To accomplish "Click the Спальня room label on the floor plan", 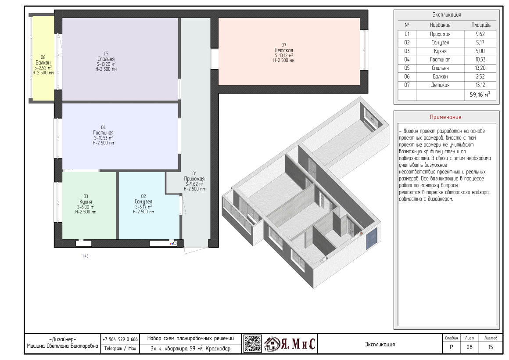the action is point(106,59).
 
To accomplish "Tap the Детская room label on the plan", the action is point(284,50).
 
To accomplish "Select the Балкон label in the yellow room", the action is point(43,62).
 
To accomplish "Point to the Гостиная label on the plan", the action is point(103,133).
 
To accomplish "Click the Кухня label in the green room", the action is point(86,202).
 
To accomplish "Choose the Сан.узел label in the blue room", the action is point(143,202).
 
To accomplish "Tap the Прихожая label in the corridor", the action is point(194,179).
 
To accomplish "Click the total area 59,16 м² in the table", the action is point(480,94).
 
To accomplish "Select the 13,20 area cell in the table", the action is point(480,68).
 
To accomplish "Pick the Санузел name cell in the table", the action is point(440,43).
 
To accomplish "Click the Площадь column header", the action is point(481,25).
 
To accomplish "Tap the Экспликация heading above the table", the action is point(447,14).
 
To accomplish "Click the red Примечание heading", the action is point(446,117).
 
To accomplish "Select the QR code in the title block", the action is point(253,343).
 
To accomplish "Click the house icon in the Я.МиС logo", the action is point(272,344).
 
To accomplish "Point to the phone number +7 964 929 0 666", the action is point(120,339).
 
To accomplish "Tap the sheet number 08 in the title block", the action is point(470,347).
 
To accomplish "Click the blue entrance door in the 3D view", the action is point(372,238).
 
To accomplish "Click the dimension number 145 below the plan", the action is point(86,256).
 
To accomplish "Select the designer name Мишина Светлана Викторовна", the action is point(62,346).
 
